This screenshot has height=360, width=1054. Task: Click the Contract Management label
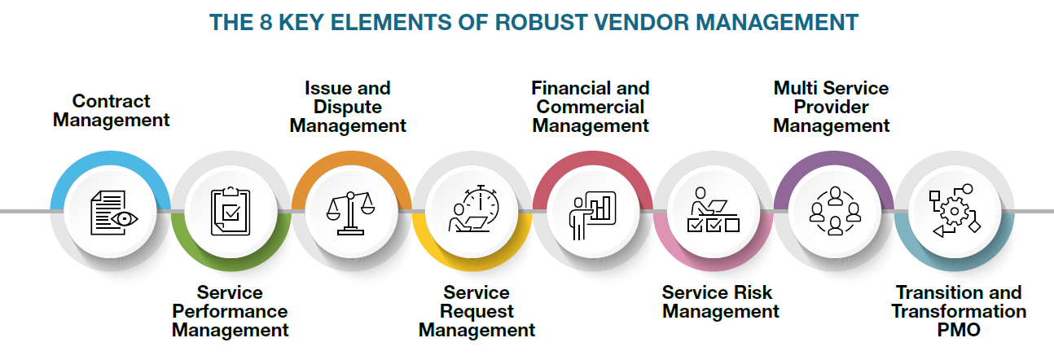tap(111, 111)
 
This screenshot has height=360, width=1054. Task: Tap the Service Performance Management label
tap(231, 311)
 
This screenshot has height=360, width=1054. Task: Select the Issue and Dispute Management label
tap(348, 107)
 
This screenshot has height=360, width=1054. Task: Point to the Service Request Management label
tap(476, 311)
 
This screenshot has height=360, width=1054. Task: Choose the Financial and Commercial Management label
tap(591, 107)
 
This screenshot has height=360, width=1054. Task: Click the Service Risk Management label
tap(720, 302)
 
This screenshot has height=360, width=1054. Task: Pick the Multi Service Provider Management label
tap(831, 107)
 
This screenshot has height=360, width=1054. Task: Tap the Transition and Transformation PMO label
tap(958, 311)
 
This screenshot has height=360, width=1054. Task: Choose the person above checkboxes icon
tap(712, 210)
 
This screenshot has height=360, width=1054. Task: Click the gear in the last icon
tap(953, 211)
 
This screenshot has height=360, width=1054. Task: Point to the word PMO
tap(958, 330)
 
